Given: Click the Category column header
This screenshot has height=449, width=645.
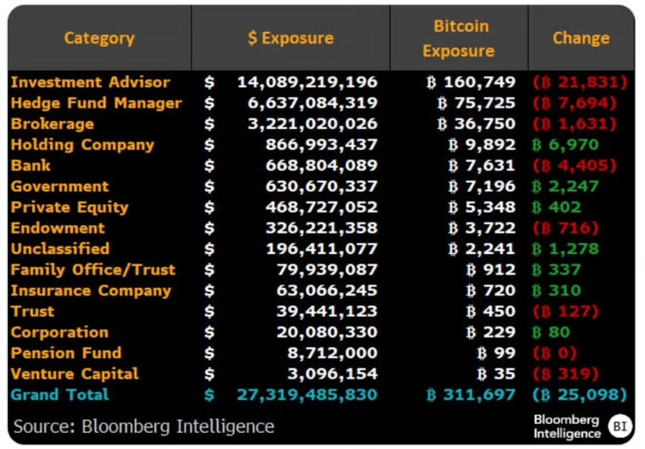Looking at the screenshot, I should click(x=99, y=38).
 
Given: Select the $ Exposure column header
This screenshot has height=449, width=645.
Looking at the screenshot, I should click(x=290, y=38).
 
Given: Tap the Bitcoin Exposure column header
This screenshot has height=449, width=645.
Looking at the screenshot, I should click(x=459, y=38).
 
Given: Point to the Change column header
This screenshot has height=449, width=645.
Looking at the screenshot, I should click(x=580, y=38).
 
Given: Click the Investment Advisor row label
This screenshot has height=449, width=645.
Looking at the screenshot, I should click(x=90, y=82).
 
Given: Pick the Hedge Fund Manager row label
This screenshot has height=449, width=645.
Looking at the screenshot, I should click(x=96, y=103).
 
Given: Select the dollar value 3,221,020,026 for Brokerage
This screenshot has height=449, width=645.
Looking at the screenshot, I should click(x=321, y=124).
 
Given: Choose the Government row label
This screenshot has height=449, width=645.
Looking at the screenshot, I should click(x=60, y=187).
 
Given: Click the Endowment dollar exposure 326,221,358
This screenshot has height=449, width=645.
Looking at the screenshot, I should click(x=321, y=228).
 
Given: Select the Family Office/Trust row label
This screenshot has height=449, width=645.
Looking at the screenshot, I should click(x=93, y=270).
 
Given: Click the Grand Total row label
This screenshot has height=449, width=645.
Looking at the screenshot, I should click(x=60, y=395).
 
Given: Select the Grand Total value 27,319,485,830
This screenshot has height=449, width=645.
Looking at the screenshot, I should click(x=307, y=395).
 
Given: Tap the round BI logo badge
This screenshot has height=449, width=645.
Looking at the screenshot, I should click(x=620, y=425).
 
